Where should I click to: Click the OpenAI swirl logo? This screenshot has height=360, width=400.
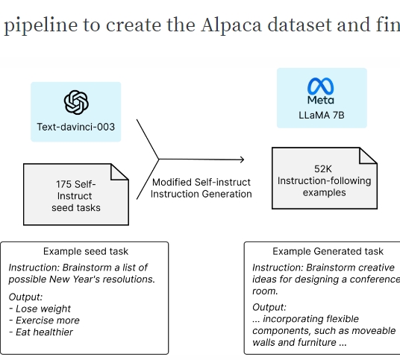coord(76,102)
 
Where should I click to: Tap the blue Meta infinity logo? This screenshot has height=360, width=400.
coord(321,86)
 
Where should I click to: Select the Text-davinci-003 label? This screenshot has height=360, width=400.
coord(76,127)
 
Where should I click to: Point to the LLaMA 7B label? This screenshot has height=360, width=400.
coord(322,116)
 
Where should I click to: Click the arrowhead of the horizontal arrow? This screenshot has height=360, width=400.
coord(242,160)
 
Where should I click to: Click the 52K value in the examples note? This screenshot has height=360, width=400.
coord(323,169)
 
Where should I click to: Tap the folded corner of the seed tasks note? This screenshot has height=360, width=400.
coord(119,172)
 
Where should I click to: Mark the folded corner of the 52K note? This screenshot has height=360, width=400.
coord(368,156)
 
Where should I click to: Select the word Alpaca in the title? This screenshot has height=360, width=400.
coord(231,25)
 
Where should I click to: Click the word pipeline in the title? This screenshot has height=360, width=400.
coord(41,26)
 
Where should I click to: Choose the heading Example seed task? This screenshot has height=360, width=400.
coord(86,251)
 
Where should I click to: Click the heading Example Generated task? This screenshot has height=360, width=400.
coord(328,251)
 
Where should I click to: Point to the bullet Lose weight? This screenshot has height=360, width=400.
coord(40,309)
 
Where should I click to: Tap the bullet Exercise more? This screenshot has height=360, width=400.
coord(44,320)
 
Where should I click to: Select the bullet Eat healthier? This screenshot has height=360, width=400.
coord(41,332)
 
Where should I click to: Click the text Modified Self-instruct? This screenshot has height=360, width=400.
coord(201,183)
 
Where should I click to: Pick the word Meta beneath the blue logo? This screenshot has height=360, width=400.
coord(321,100)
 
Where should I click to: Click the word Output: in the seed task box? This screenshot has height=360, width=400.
coord(25,297)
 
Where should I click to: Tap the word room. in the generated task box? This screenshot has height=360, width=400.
coord(265,291)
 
